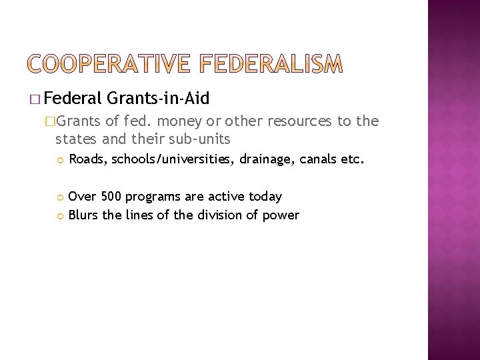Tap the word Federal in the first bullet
tap(73, 99)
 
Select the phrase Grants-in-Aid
tap(157, 99)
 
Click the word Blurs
tap(83, 215)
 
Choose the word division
tap(215, 215)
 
